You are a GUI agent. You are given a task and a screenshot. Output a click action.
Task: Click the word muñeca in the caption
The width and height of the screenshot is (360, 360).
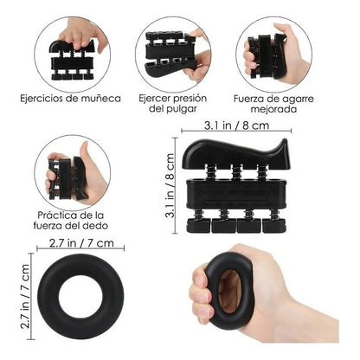100,99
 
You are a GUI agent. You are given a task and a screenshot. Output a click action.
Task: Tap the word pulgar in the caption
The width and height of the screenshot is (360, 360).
181,109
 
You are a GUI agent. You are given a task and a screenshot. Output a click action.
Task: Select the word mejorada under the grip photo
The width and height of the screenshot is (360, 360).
273,110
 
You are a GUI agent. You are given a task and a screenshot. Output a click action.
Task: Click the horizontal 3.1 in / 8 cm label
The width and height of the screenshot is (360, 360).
236,125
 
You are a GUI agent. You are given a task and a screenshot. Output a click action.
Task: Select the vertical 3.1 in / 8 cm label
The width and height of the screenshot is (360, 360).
170,185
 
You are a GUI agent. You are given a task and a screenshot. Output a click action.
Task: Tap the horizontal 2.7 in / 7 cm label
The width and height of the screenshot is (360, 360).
81,243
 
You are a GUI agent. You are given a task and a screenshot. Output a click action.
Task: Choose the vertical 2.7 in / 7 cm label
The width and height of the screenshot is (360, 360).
25,296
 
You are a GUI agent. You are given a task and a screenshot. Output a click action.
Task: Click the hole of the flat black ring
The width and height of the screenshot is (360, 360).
80,297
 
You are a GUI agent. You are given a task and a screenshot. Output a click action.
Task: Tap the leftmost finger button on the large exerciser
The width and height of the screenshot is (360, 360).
198,225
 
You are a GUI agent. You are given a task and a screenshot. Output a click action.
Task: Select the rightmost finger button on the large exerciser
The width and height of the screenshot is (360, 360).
274,226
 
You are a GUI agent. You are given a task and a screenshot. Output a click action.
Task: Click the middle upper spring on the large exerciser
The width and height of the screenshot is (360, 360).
236,172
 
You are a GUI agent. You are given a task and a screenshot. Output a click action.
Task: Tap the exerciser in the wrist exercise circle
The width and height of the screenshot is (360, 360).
72,61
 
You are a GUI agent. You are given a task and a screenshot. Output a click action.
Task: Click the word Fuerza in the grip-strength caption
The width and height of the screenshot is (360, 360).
247,99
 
